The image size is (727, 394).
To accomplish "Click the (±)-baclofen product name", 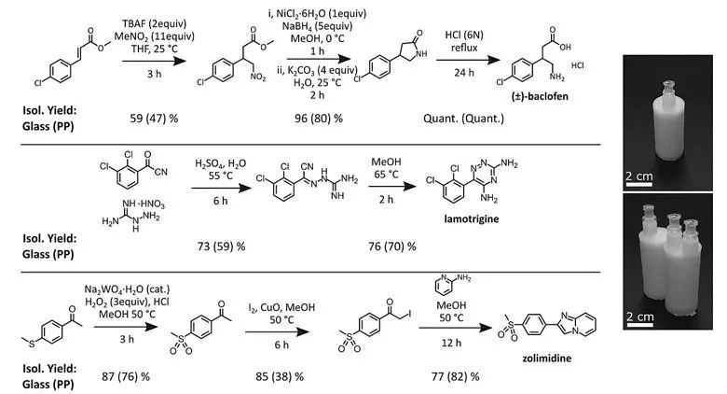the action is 540,97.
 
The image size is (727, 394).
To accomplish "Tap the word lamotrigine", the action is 472,218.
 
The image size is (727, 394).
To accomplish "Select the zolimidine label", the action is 546,359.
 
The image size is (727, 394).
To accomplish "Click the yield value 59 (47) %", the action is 154,119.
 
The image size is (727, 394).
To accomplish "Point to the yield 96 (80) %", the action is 319,119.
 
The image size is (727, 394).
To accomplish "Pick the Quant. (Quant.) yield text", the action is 463,119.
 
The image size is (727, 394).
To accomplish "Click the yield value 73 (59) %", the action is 221,246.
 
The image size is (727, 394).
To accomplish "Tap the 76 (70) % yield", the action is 392,246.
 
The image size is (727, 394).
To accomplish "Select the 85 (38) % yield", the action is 280,376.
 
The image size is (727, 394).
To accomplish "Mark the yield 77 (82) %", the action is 455,376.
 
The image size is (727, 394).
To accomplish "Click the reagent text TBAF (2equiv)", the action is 154,23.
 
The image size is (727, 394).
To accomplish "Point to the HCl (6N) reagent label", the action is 463,35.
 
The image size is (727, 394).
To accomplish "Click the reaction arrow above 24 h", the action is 468,60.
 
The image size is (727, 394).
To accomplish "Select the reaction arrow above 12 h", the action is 455,328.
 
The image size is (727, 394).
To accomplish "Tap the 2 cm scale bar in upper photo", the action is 638,185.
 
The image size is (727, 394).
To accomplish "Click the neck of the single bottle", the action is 666,90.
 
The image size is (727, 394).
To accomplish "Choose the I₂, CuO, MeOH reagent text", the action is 281,307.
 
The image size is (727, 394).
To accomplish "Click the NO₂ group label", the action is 258,77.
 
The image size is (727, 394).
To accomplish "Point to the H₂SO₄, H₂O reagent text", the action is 220,164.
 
